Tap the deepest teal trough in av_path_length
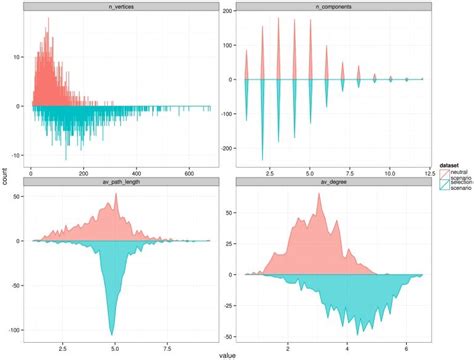pyautogui.click(x=111, y=333)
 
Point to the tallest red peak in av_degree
pyautogui.click(x=319, y=194)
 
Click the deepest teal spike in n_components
pyautogui.click(x=263, y=159)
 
